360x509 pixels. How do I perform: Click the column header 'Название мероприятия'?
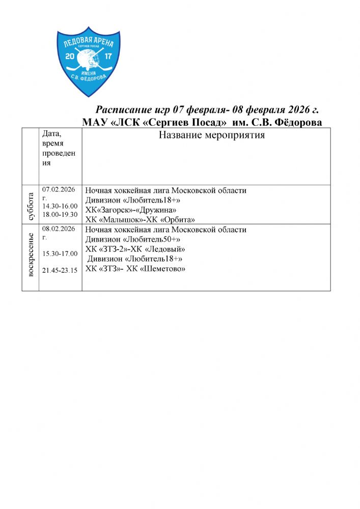pos(212,135)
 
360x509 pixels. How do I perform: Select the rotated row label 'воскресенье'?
pos(30,255)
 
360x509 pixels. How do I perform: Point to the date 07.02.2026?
pos(59,189)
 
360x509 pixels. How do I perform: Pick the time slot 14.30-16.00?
pos(60,206)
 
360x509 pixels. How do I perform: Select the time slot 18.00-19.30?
pos(60,214)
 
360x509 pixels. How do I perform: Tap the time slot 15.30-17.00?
pos(60,253)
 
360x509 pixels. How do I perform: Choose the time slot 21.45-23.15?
pos(60,270)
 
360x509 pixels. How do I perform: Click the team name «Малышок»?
pos(121,220)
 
